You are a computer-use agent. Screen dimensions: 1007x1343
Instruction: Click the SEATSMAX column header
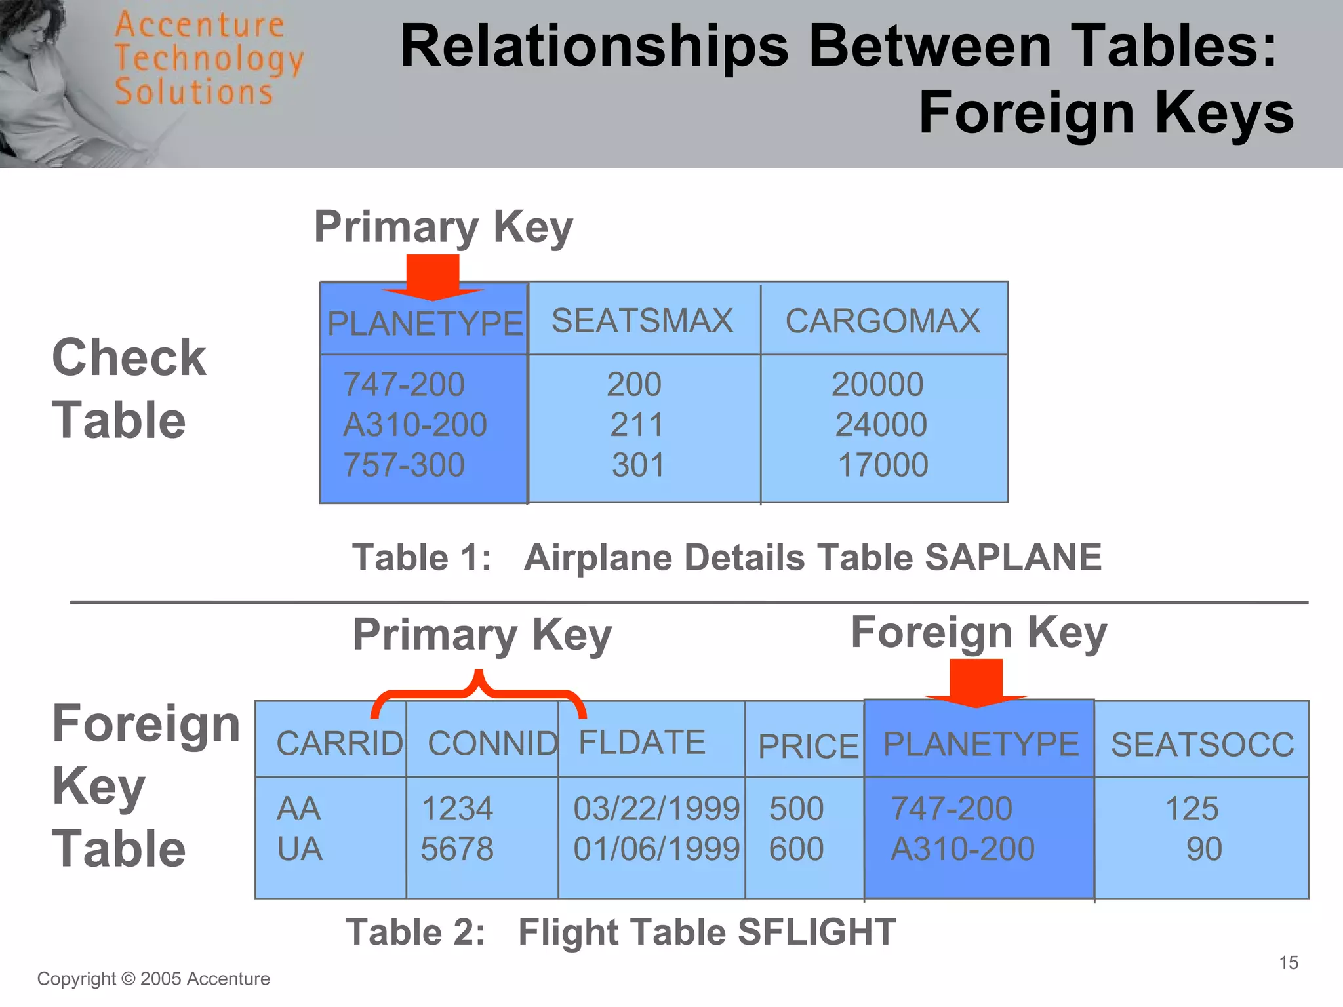(642, 321)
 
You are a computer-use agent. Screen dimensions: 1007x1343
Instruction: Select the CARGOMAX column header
(883, 321)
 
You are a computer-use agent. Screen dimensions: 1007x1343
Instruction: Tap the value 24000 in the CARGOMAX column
(881, 425)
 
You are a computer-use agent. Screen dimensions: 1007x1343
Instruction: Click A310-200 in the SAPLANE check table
(415, 425)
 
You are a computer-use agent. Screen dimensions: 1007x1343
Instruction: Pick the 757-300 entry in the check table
(404, 465)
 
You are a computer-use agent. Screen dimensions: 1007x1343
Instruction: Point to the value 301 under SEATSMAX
(638, 465)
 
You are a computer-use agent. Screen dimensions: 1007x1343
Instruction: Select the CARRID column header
(340, 743)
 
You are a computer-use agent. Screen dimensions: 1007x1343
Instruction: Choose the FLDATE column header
(641, 743)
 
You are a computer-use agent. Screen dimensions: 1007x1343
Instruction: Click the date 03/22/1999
(656, 808)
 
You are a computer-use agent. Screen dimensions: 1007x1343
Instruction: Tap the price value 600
(796, 849)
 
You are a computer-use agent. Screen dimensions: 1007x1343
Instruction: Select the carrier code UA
(300, 849)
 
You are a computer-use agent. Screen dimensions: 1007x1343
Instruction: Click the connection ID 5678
(456, 849)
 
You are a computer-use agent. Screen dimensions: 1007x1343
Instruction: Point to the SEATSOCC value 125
(1192, 808)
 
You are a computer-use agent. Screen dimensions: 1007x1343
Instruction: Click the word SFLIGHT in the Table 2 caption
(816, 932)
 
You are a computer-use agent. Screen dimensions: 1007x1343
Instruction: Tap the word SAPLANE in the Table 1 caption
(1012, 558)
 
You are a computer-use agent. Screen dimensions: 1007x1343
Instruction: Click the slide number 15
(1289, 962)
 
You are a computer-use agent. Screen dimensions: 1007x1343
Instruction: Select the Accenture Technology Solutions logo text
(209, 59)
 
